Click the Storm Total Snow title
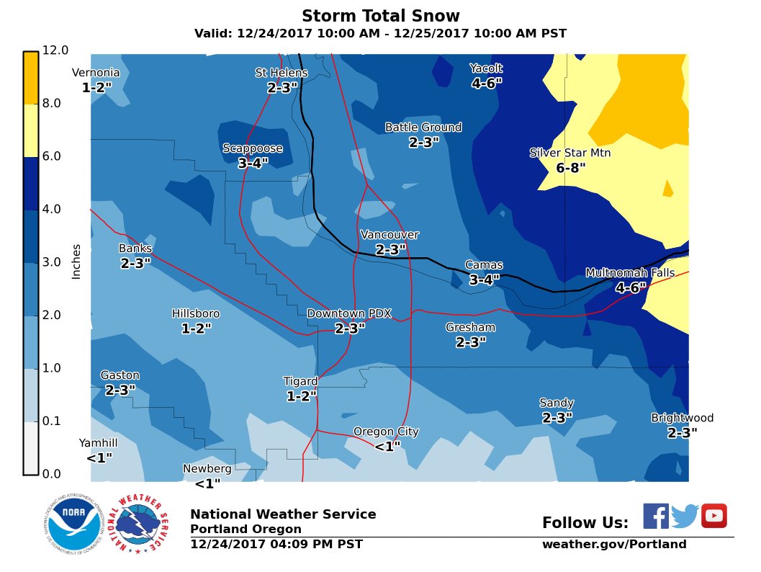380,16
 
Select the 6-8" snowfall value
571,169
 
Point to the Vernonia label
96,73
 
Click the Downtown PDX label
349,314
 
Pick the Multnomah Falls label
630,273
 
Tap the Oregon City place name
386,432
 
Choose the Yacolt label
486,68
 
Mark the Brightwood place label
682,419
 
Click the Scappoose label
253,148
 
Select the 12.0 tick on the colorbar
55,50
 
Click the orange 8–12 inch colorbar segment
30,78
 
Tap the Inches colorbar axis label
76,261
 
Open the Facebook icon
655,516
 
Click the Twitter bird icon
685,517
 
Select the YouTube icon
713,516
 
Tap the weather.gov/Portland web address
614,545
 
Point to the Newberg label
207,469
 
